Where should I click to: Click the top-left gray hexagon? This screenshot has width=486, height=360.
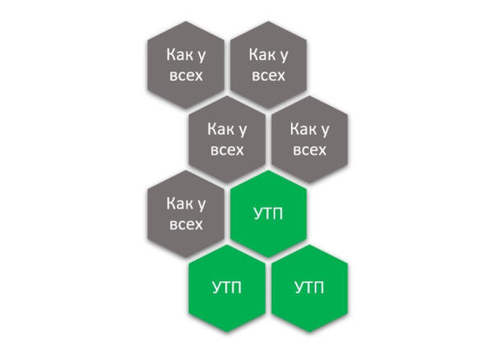(186, 65)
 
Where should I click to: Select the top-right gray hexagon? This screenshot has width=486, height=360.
(268, 65)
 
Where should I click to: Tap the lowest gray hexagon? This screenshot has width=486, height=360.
(186, 214)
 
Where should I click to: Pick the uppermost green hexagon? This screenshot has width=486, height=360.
(268, 214)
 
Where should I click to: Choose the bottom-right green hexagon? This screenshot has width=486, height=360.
(310, 288)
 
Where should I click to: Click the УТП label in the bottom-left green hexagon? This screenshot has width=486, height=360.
(227, 288)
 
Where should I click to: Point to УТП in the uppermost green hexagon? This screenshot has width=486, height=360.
(268, 214)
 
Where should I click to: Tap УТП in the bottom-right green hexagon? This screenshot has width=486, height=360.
(310, 288)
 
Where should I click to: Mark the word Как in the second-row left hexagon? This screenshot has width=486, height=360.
(221, 129)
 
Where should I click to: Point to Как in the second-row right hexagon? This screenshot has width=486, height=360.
(303, 129)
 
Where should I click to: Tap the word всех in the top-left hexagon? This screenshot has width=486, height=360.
(186, 76)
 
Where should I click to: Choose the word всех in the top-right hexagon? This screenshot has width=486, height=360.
(268, 76)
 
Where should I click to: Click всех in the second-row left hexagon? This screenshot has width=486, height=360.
(227, 150)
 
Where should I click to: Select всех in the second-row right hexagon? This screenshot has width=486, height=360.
(310, 150)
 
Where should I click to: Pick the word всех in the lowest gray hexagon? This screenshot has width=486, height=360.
(186, 224)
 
